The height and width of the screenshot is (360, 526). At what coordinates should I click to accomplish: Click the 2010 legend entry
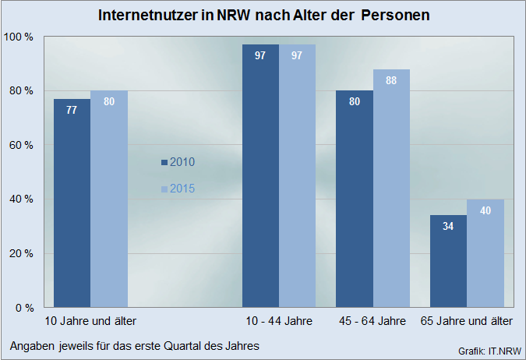coord(178,162)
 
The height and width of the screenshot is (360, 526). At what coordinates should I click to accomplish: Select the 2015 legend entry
coord(178,189)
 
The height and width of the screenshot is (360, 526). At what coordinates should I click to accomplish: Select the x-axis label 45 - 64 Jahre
coord(372,321)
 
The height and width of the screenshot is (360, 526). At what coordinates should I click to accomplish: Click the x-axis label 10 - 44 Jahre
coord(278,321)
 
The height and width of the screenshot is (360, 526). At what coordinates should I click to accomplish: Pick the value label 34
coord(448,227)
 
